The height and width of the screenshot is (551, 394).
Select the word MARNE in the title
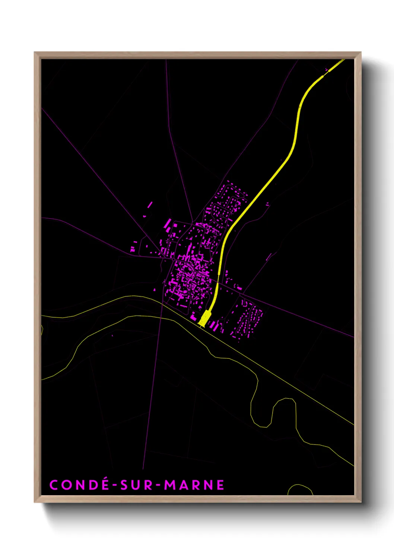pos(194,485)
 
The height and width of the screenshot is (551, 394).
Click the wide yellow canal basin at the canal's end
pos(204,318)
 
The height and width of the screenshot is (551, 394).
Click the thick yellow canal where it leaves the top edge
pos(342,61)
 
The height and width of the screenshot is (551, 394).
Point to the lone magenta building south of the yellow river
pos(112,336)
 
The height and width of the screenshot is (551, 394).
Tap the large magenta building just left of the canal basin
pos(194,317)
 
